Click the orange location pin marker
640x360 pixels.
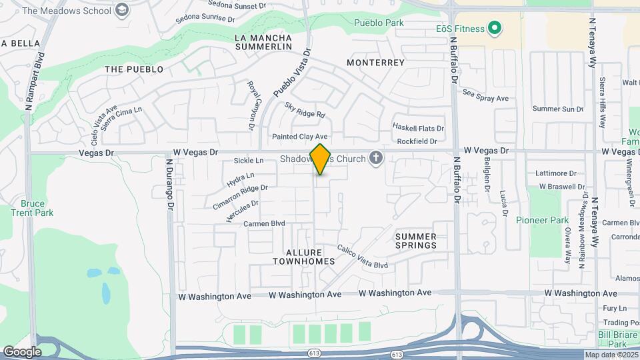321,159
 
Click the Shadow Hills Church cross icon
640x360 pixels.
377,159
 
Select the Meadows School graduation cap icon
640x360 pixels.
121,9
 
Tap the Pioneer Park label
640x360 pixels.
542,220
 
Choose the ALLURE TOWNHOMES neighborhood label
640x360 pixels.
303,257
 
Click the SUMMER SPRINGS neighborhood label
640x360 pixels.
416,241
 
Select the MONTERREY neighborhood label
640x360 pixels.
376,63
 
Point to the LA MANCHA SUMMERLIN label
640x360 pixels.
264,43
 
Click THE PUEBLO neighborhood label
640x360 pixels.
134,69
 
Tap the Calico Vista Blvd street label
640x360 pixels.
361,256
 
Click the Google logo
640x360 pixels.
22,351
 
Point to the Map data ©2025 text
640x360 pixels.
611,355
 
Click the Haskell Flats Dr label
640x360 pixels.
418,128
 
